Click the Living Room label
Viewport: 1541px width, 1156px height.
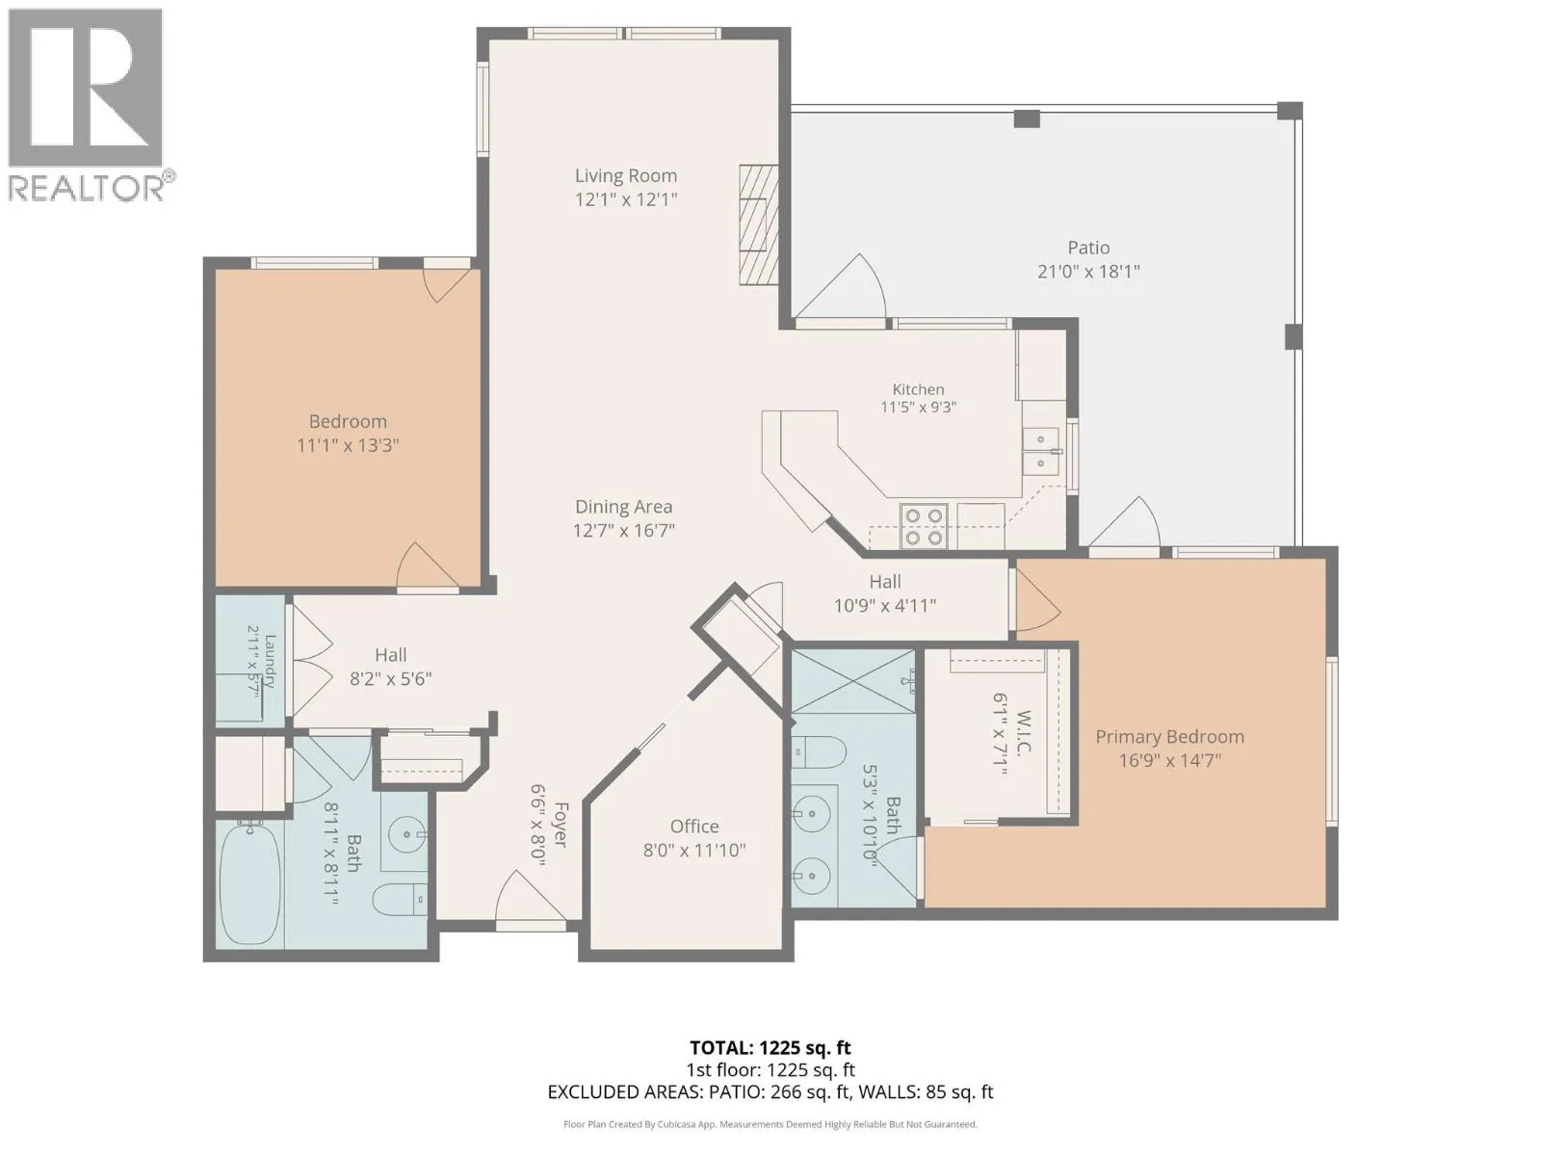[625, 175]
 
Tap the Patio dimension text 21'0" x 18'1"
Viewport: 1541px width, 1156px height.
[1088, 271]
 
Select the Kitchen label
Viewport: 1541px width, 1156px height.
[918, 389]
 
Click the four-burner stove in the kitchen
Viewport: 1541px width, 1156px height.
[924, 526]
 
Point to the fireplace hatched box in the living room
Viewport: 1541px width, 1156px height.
[758, 223]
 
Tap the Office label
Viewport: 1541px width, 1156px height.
[694, 827]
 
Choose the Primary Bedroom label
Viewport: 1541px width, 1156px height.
[1169, 736]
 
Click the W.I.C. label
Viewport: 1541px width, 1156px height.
[1022, 733]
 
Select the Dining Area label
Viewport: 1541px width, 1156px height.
[623, 506]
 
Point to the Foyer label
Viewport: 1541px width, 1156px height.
[561, 825]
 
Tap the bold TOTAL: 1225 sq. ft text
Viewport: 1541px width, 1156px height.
[770, 1048]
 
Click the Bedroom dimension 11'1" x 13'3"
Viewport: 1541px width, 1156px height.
[348, 445]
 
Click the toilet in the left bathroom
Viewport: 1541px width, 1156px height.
[400, 899]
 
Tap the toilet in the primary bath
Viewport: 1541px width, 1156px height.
[819, 752]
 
